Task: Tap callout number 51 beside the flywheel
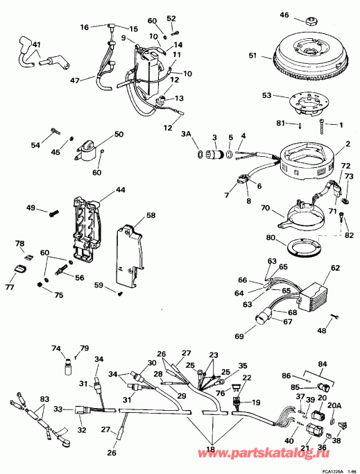(252, 56)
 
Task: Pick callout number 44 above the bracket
(121, 189)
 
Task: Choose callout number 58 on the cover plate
(151, 216)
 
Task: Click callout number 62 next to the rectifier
(334, 267)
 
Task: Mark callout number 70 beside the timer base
(264, 207)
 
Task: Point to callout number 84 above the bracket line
(323, 364)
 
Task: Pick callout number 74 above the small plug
(56, 348)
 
